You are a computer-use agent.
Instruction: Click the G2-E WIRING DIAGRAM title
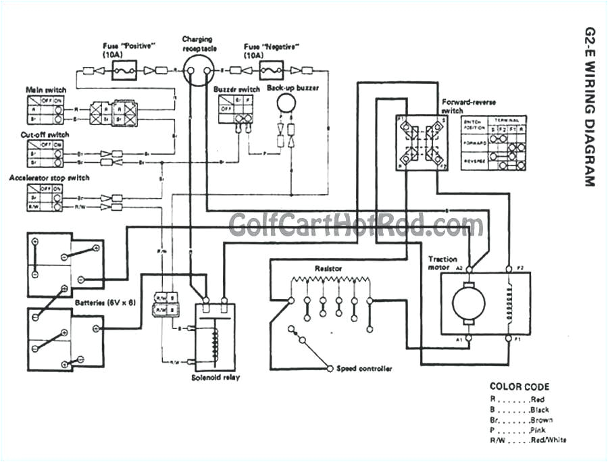coord(588,107)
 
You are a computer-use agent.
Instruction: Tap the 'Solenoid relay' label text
coord(216,378)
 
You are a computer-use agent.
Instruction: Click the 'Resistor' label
coord(328,268)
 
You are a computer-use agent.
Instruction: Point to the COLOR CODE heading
coord(520,387)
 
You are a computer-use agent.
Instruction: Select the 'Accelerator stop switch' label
coord(49,178)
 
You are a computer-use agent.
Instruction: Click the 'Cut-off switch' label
coord(45,134)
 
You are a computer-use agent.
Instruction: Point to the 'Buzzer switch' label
coord(236,89)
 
